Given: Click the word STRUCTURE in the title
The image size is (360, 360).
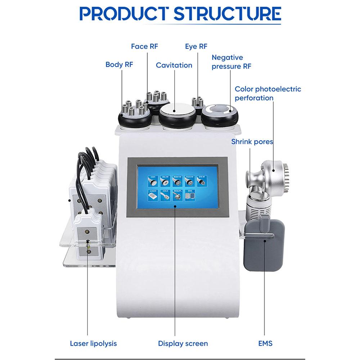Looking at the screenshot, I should [x=227, y=14].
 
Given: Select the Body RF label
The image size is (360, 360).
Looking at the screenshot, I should [x=119, y=65].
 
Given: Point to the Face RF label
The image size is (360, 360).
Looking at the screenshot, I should [x=144, y=46].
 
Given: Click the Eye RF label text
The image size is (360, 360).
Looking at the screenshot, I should [x=196, y=46].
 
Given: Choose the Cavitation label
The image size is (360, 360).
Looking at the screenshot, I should [x=174, y=65].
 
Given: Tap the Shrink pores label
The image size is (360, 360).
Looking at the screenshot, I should [x=252, y=141].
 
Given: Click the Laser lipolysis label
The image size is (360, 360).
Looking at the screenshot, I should [x=93, y=343].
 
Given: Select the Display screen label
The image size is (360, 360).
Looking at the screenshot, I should [x=183, y=343].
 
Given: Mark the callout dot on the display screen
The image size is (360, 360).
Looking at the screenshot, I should [x=175, y=206].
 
